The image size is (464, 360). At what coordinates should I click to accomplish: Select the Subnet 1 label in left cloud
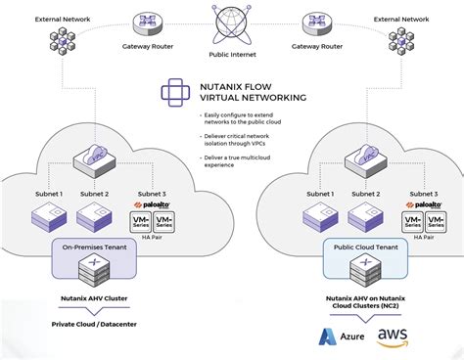46,194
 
